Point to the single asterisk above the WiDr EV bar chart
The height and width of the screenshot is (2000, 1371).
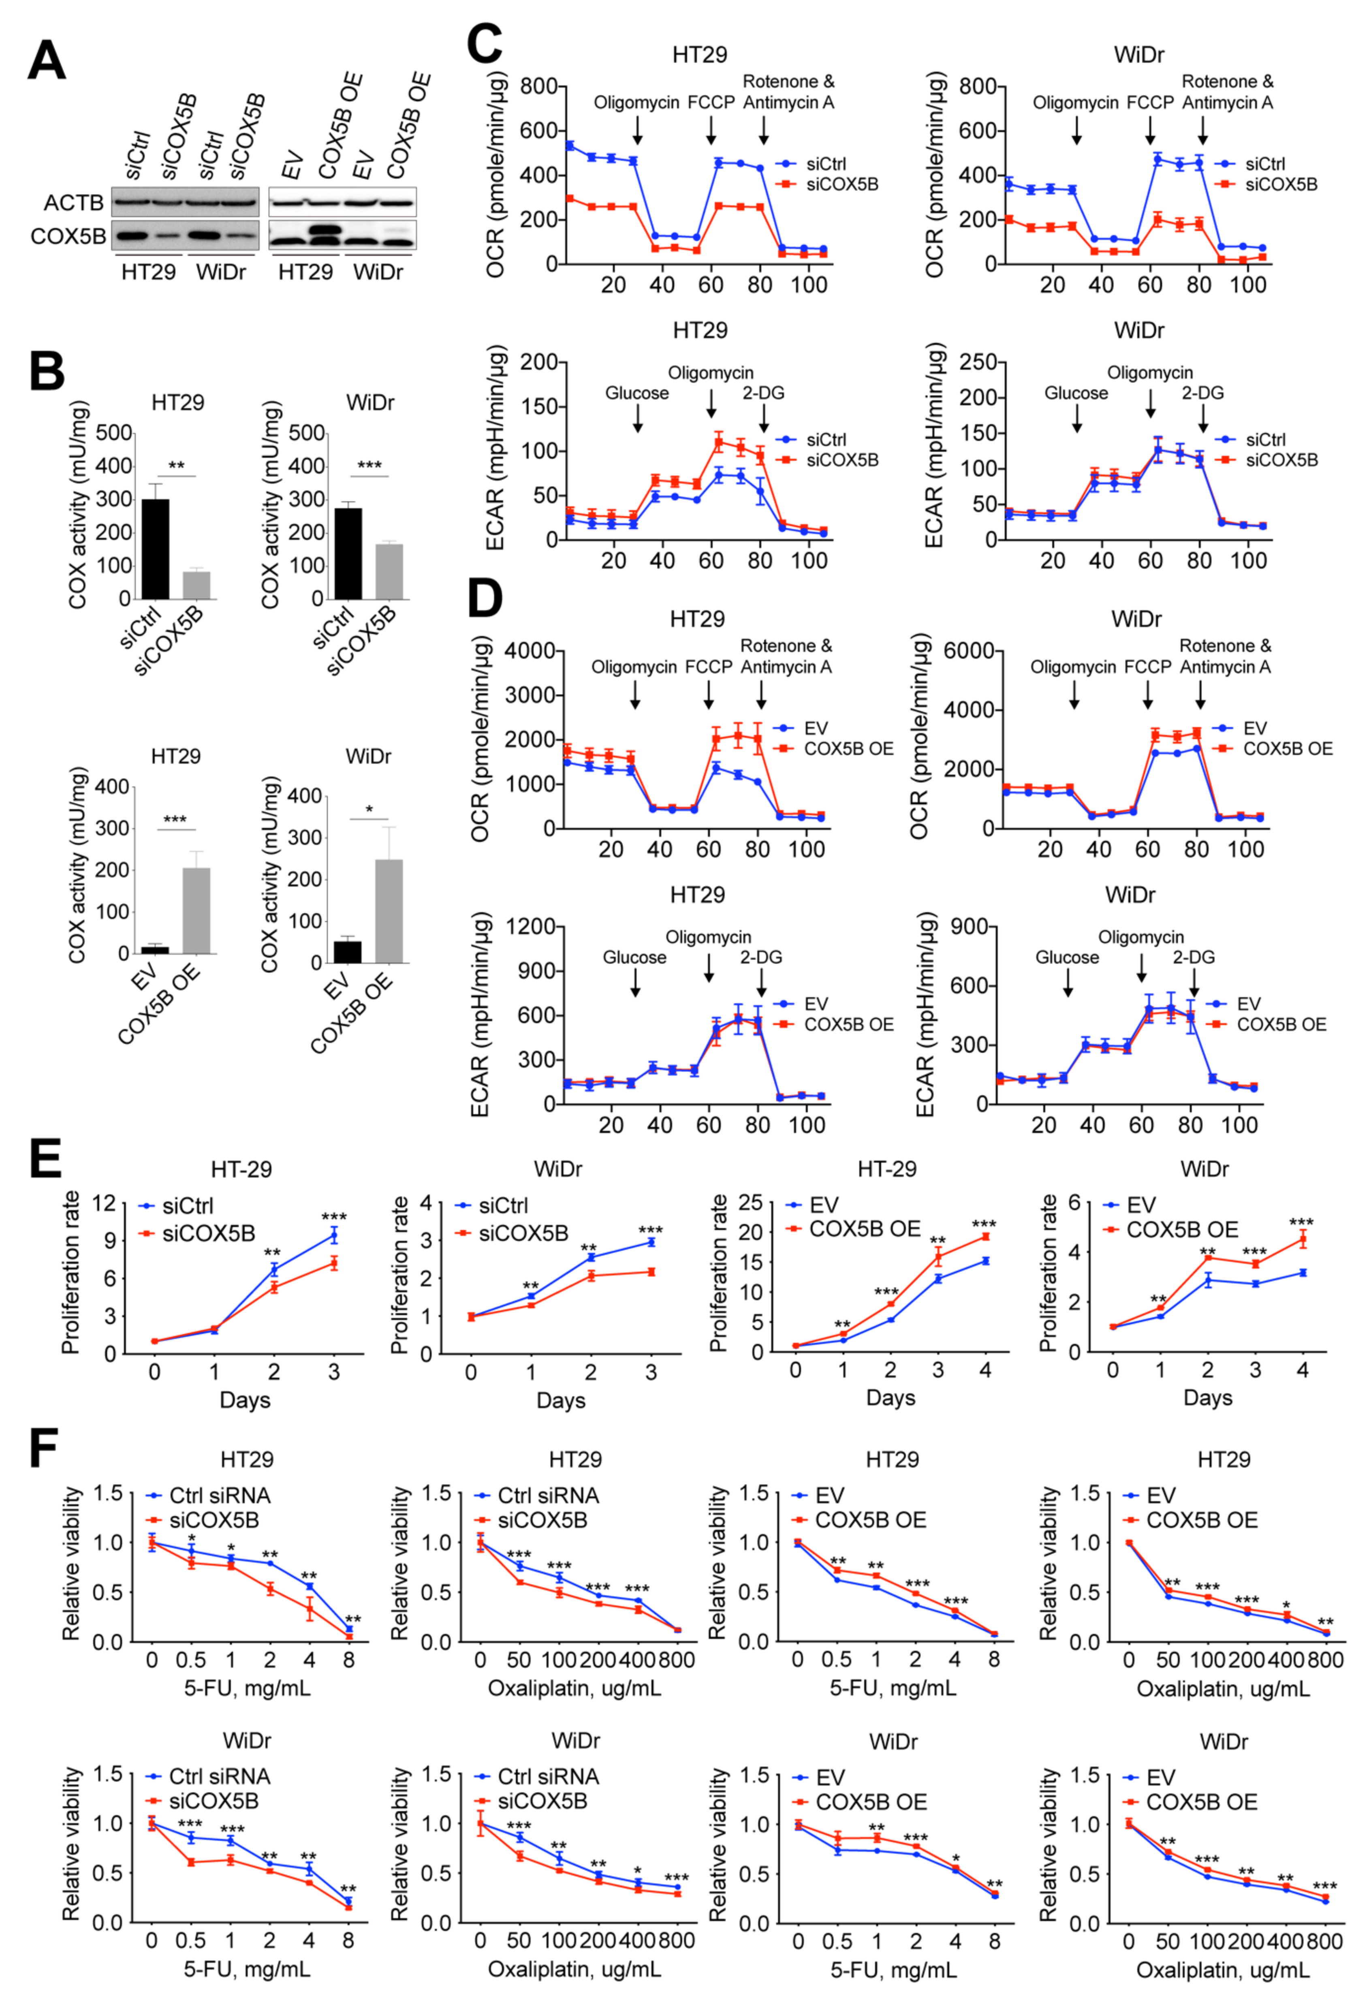click(369, 810)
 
